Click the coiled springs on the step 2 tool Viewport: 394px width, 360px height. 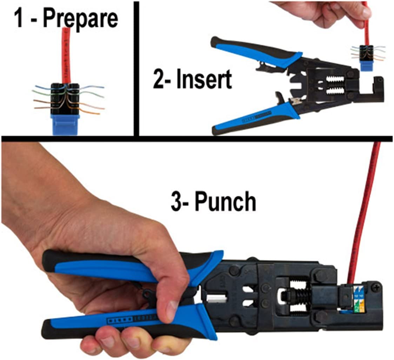[335, 86]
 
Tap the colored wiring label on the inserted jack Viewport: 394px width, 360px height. [358, 298]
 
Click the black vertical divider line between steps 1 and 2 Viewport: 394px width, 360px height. [137, 68]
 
